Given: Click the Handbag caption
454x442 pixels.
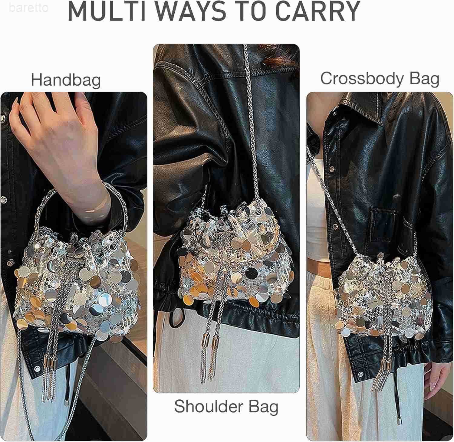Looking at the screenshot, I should click(x=66, y=80).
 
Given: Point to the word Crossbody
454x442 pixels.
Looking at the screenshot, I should click(x=362, y=79).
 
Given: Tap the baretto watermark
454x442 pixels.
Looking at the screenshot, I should click(x=28, y=8).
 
